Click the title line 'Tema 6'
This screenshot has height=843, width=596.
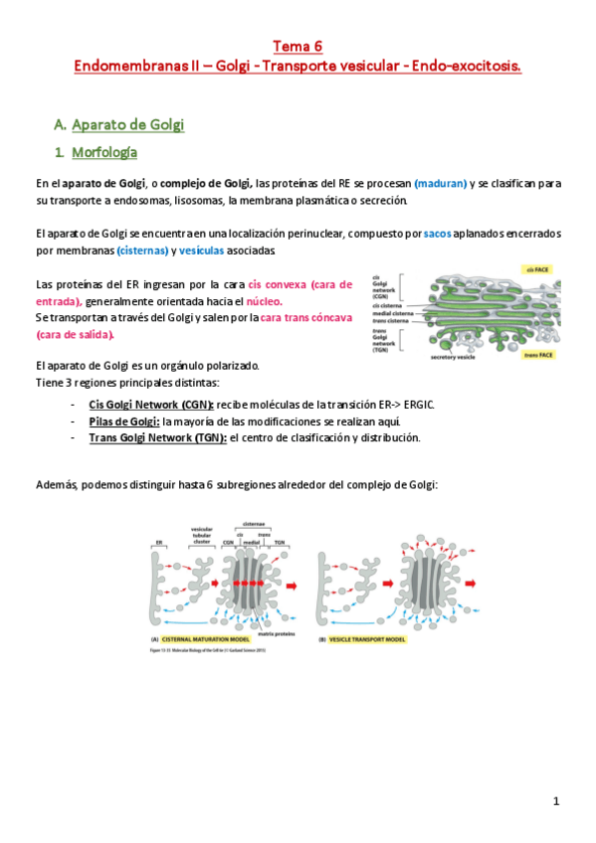coord(298,46)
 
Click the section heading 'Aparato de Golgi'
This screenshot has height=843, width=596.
coord(128,124)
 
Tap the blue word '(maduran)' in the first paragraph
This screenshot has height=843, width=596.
coord(441,184)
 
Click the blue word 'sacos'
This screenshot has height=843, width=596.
coord(437,234)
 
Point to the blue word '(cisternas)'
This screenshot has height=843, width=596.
coord(142,251)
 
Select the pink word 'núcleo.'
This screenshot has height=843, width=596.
coord(264,300)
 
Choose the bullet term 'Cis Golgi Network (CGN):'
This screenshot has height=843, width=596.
coord(151,406)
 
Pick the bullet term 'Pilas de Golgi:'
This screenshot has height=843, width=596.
coord(124,421)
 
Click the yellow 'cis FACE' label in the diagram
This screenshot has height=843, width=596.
coord(539,268)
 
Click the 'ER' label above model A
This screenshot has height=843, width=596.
coord(158,543)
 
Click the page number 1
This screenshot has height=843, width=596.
coord(557,801)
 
